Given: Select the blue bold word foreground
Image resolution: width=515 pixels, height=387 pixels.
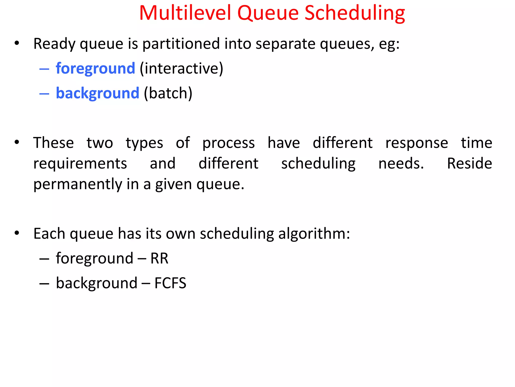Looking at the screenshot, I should coord(95,69).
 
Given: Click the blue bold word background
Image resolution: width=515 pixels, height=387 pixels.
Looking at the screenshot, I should coord(97,93).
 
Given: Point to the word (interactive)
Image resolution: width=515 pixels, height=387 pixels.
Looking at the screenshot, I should coord(181,69).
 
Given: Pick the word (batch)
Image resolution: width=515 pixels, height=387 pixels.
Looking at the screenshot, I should coord(168,93).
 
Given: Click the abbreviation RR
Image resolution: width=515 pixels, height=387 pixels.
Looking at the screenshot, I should coord(159,259).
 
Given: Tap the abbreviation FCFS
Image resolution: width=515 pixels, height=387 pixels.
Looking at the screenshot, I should coord(170,283).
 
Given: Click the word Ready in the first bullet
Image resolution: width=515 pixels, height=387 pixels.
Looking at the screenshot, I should coord(54,44).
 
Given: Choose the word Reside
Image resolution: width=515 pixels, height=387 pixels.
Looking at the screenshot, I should coord(469,164).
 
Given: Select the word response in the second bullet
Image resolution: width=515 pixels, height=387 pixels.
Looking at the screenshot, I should coord(417,143).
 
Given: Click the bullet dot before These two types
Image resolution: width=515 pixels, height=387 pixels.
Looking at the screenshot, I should coord(17,142).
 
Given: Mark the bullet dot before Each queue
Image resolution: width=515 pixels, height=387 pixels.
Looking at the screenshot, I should coord(17,233).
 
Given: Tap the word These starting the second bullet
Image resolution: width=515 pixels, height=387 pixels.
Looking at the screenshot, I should coord(54,143).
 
